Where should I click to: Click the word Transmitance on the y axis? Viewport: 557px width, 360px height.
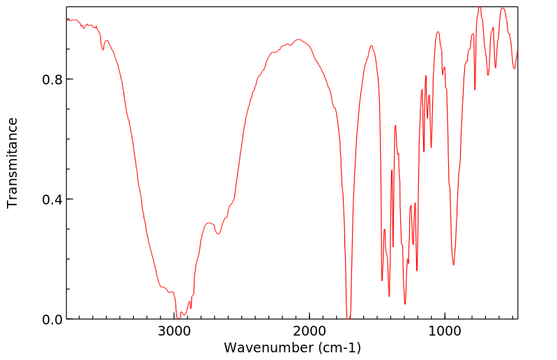[13, 163]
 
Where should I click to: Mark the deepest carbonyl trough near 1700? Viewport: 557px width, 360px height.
[349, 318]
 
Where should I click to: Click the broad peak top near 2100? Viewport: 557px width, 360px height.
[298, 40]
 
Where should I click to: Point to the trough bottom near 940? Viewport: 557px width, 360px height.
[453, 264]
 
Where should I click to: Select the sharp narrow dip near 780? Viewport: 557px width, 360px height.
[475, 89]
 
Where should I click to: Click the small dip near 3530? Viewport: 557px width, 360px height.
[103, 50]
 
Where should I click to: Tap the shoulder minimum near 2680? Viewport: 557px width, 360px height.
[218, 234]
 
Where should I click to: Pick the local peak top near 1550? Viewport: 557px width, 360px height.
[372, 46]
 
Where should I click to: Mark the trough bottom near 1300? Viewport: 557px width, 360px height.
[405, 303]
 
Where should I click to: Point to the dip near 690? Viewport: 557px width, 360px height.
[488, 75]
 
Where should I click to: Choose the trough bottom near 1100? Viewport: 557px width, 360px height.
[431, 147]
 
